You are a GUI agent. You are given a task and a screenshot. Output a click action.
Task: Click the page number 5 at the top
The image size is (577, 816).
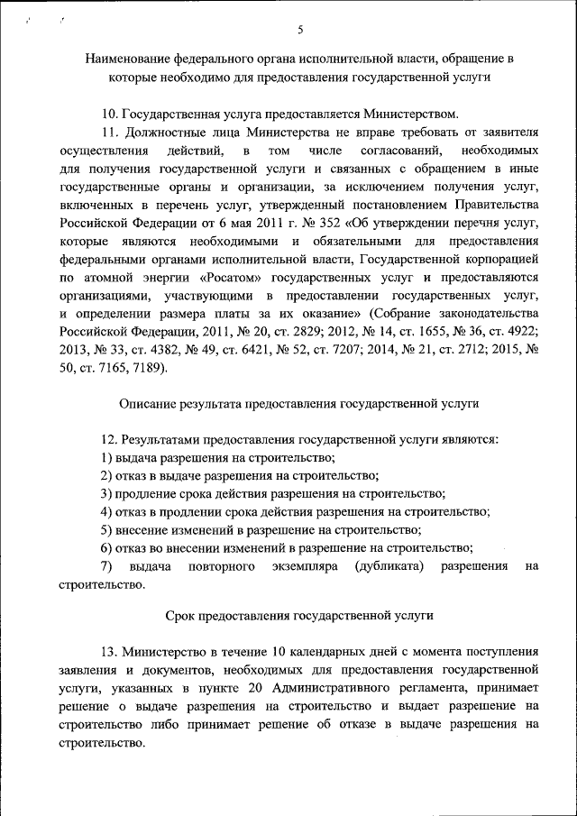300,29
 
